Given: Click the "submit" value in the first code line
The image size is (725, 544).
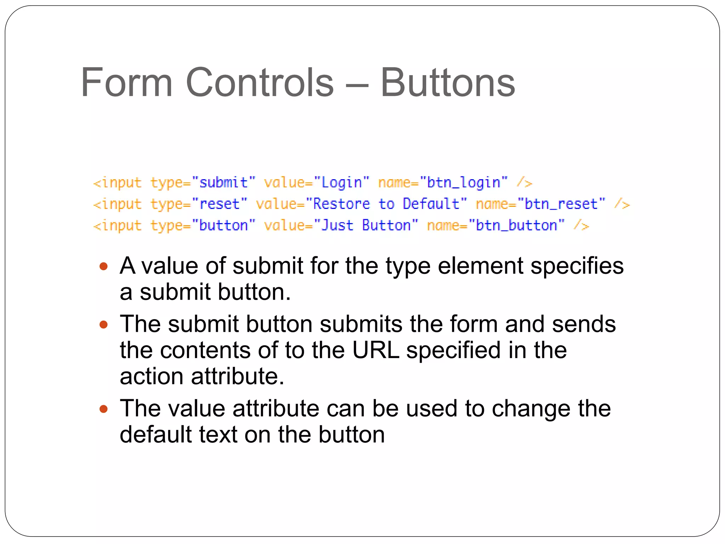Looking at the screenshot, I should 223,183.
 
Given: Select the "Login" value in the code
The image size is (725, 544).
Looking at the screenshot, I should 342,183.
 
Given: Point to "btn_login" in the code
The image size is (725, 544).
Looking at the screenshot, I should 463,183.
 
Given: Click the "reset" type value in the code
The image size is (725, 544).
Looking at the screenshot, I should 219,204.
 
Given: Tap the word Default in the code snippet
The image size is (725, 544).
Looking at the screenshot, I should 431,204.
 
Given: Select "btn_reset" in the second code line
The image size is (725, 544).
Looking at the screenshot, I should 561,204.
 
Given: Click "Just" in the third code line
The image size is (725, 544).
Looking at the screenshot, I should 337,226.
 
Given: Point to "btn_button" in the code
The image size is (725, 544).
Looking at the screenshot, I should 516,226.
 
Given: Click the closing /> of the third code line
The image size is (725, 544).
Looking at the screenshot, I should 582,226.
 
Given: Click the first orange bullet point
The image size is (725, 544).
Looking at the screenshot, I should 103,266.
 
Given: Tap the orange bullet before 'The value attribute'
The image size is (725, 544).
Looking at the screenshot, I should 103,409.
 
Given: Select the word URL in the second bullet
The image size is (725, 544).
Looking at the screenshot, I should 376,350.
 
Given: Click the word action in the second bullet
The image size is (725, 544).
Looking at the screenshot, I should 152,376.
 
